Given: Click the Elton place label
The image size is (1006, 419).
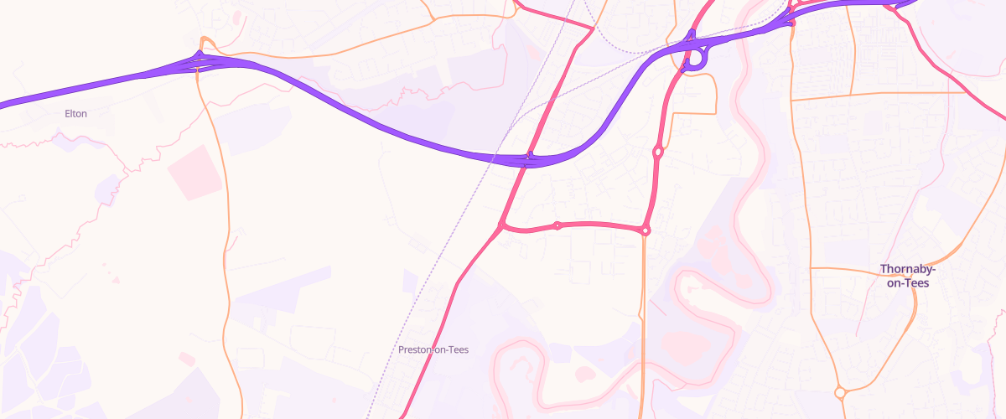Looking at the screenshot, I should (x=75, y=113).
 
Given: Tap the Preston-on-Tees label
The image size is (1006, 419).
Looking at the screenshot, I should (x=433, y=349).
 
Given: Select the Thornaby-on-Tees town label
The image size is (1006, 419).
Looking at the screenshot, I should (x=907, y=276).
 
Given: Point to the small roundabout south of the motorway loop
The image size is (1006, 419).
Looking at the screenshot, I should (x=658, y=153).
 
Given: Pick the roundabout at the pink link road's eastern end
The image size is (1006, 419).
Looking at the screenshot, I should (x=645, y=230).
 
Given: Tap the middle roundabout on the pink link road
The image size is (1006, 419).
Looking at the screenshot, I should (x=557, y=225).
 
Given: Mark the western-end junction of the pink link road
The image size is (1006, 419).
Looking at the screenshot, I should (x=502, y=225).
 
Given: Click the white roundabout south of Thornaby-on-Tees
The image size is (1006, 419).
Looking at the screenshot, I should (x=839, y=392).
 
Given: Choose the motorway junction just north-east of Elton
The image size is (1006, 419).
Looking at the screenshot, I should (x=200, y=59).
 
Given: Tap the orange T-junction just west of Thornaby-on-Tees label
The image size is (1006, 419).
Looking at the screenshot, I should (x=812, y=268).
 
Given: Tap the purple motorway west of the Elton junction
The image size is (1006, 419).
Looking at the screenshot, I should (x=84, y=87).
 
